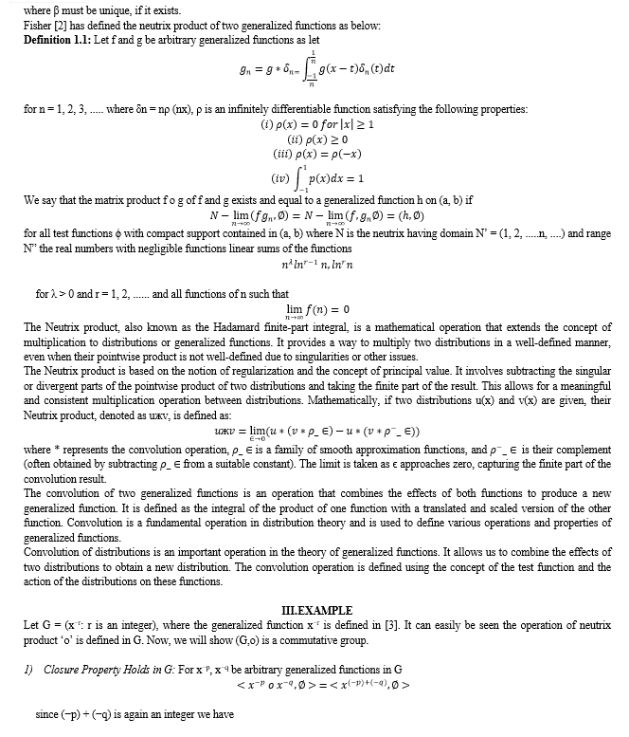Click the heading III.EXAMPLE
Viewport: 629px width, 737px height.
(317, 609)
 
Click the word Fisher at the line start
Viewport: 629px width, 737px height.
(33, 24)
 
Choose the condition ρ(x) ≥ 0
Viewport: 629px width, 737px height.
(326, 138)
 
